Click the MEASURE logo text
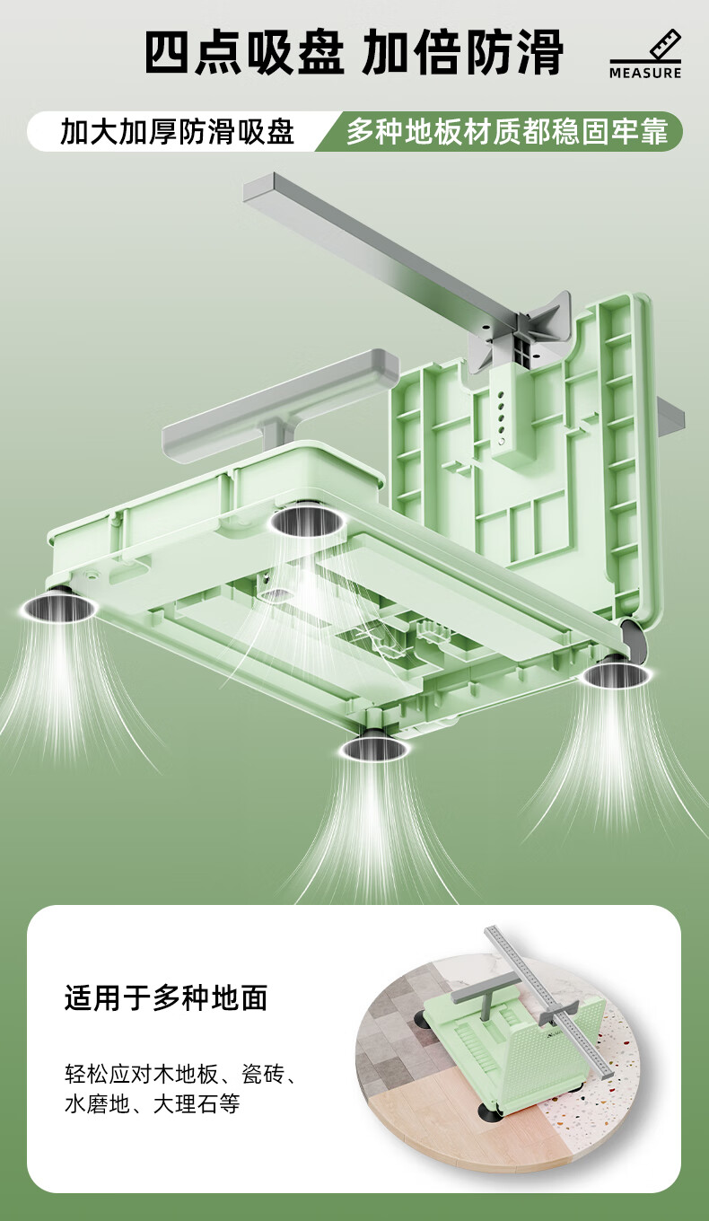click(x=645, y=73)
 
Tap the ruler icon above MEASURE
click(x=665, y=45)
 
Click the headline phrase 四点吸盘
click(x=245, y=52)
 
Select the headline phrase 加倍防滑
click(x=463, y=52)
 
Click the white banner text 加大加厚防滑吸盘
click(x=177, y=132)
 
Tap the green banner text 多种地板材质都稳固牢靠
click(x=507, y=131)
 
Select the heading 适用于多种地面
click(x=166, y=998)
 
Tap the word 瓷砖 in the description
click(x=262, y=1074)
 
